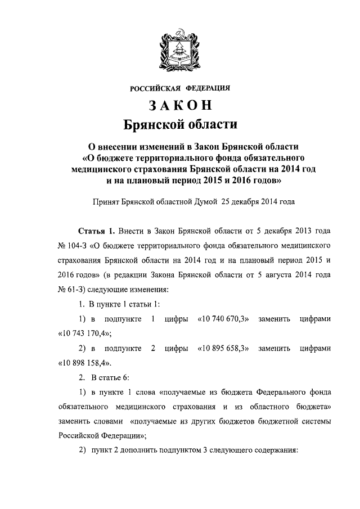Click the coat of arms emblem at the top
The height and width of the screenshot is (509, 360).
180,48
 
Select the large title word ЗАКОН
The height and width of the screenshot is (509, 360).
180,105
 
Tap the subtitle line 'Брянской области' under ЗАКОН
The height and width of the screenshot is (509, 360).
180,124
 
